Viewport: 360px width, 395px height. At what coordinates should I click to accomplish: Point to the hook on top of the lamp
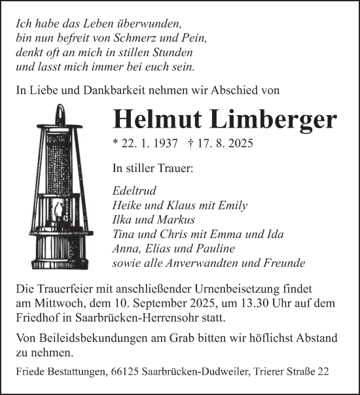61,113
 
